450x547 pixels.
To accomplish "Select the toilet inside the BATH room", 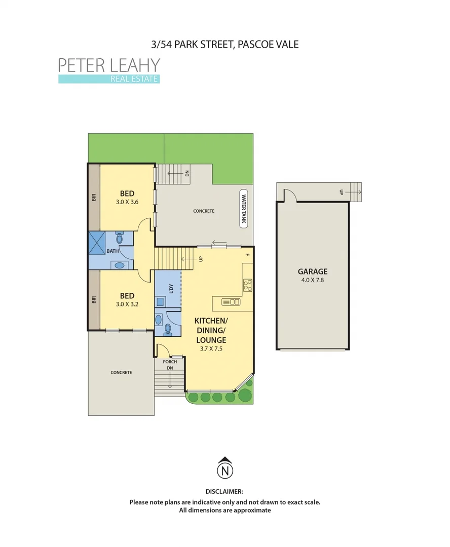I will point(120,238).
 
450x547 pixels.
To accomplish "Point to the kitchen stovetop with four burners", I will point(248,285).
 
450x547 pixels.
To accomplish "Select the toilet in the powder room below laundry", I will point(169,329).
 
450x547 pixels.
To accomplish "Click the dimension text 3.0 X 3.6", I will point(127,202).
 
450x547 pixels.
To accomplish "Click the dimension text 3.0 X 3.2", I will point(127,304).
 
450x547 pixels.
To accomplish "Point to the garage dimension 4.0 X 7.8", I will point(312,280).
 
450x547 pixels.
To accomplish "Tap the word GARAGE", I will point(312,271).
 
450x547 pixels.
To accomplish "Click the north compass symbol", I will point(224,470).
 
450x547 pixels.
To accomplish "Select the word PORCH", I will point(170,362).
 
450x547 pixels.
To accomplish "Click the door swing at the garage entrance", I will point(289,195).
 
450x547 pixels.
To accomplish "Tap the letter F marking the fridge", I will point(247,255).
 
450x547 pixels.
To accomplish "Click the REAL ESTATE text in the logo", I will point(134,79).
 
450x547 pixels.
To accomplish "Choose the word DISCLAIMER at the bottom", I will point(224,491).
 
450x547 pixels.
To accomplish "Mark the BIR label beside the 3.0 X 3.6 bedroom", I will point(94,197).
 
